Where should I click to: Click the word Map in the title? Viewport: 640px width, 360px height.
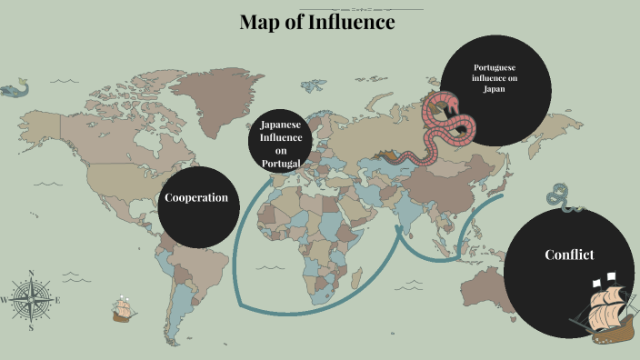[259, 23]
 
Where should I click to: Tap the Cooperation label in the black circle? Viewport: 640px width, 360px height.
[195, 198]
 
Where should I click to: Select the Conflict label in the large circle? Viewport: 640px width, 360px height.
[569, 255]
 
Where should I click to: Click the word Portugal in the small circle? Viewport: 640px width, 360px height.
[281, 163]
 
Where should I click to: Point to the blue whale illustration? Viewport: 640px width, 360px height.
[15, 89]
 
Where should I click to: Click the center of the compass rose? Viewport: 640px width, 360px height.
[31, 299]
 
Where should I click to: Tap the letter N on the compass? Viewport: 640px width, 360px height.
[31, 273]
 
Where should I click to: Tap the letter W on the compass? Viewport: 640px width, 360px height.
[5, 300]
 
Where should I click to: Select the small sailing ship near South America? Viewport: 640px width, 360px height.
[124, 310]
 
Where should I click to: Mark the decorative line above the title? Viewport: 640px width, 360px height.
[316, 9]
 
